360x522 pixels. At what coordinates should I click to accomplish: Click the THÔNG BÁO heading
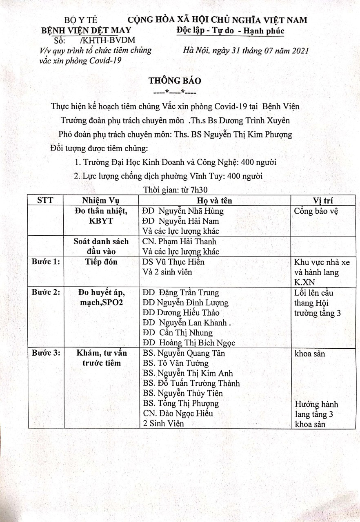point(174,81)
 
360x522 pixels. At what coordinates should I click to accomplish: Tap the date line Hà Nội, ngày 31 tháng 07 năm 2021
point(246,51)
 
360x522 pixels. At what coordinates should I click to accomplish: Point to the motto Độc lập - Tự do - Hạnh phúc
point(231,31)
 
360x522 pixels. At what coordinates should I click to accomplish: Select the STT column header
point(44,200)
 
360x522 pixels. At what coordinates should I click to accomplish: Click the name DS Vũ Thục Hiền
point(173,262)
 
